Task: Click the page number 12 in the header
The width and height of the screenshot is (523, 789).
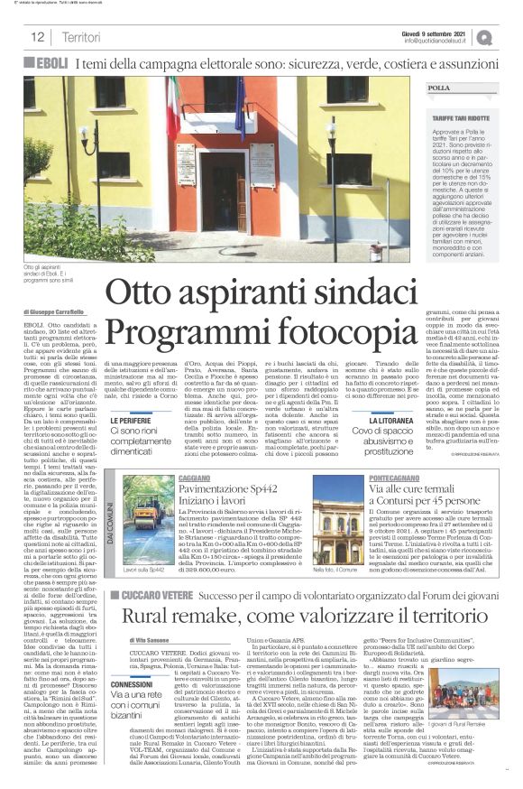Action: click(x=38, y=37)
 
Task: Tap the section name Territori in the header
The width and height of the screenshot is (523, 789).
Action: click(x=81, y=37)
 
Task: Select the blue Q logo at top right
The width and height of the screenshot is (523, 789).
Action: click(x=510, y=36)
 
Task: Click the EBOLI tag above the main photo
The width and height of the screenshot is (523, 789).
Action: click(x=50, y=63)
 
